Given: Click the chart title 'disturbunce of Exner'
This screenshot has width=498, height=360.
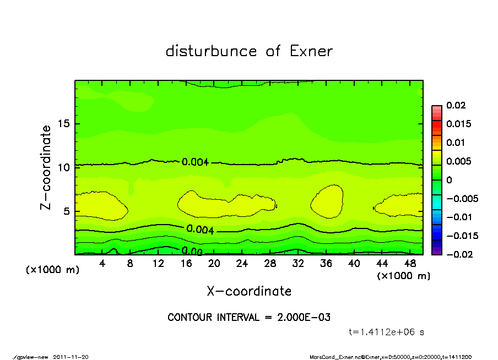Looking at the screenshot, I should click(249, 51).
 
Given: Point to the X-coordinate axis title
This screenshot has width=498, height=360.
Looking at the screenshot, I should click(249, 291).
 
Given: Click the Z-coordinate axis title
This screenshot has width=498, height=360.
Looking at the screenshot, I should click(46, 167).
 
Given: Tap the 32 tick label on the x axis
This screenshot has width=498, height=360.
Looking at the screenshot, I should click(298, 264).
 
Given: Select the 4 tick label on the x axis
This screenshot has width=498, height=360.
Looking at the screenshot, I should click(102, 264).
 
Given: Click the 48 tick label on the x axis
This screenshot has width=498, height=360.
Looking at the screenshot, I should click(410, 264).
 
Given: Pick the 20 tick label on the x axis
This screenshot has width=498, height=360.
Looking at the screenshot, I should click(214, 264).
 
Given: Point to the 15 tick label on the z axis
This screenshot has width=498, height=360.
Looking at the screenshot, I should click(65, 124).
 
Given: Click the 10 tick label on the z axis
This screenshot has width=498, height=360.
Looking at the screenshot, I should click(65, 167).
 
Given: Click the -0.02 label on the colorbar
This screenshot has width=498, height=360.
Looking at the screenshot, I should click(457, 254).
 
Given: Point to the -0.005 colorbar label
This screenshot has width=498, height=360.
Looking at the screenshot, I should click(459, 198).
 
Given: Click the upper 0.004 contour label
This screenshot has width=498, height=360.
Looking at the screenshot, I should click(195, 162).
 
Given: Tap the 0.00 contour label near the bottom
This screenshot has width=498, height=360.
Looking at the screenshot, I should click(192, 252).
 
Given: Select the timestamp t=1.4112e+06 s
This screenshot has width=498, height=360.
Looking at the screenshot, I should click(387, 332).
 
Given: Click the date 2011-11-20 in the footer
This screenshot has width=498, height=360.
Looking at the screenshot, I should click(71, 357).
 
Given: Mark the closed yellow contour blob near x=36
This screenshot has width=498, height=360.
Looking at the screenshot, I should click(327, 200).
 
